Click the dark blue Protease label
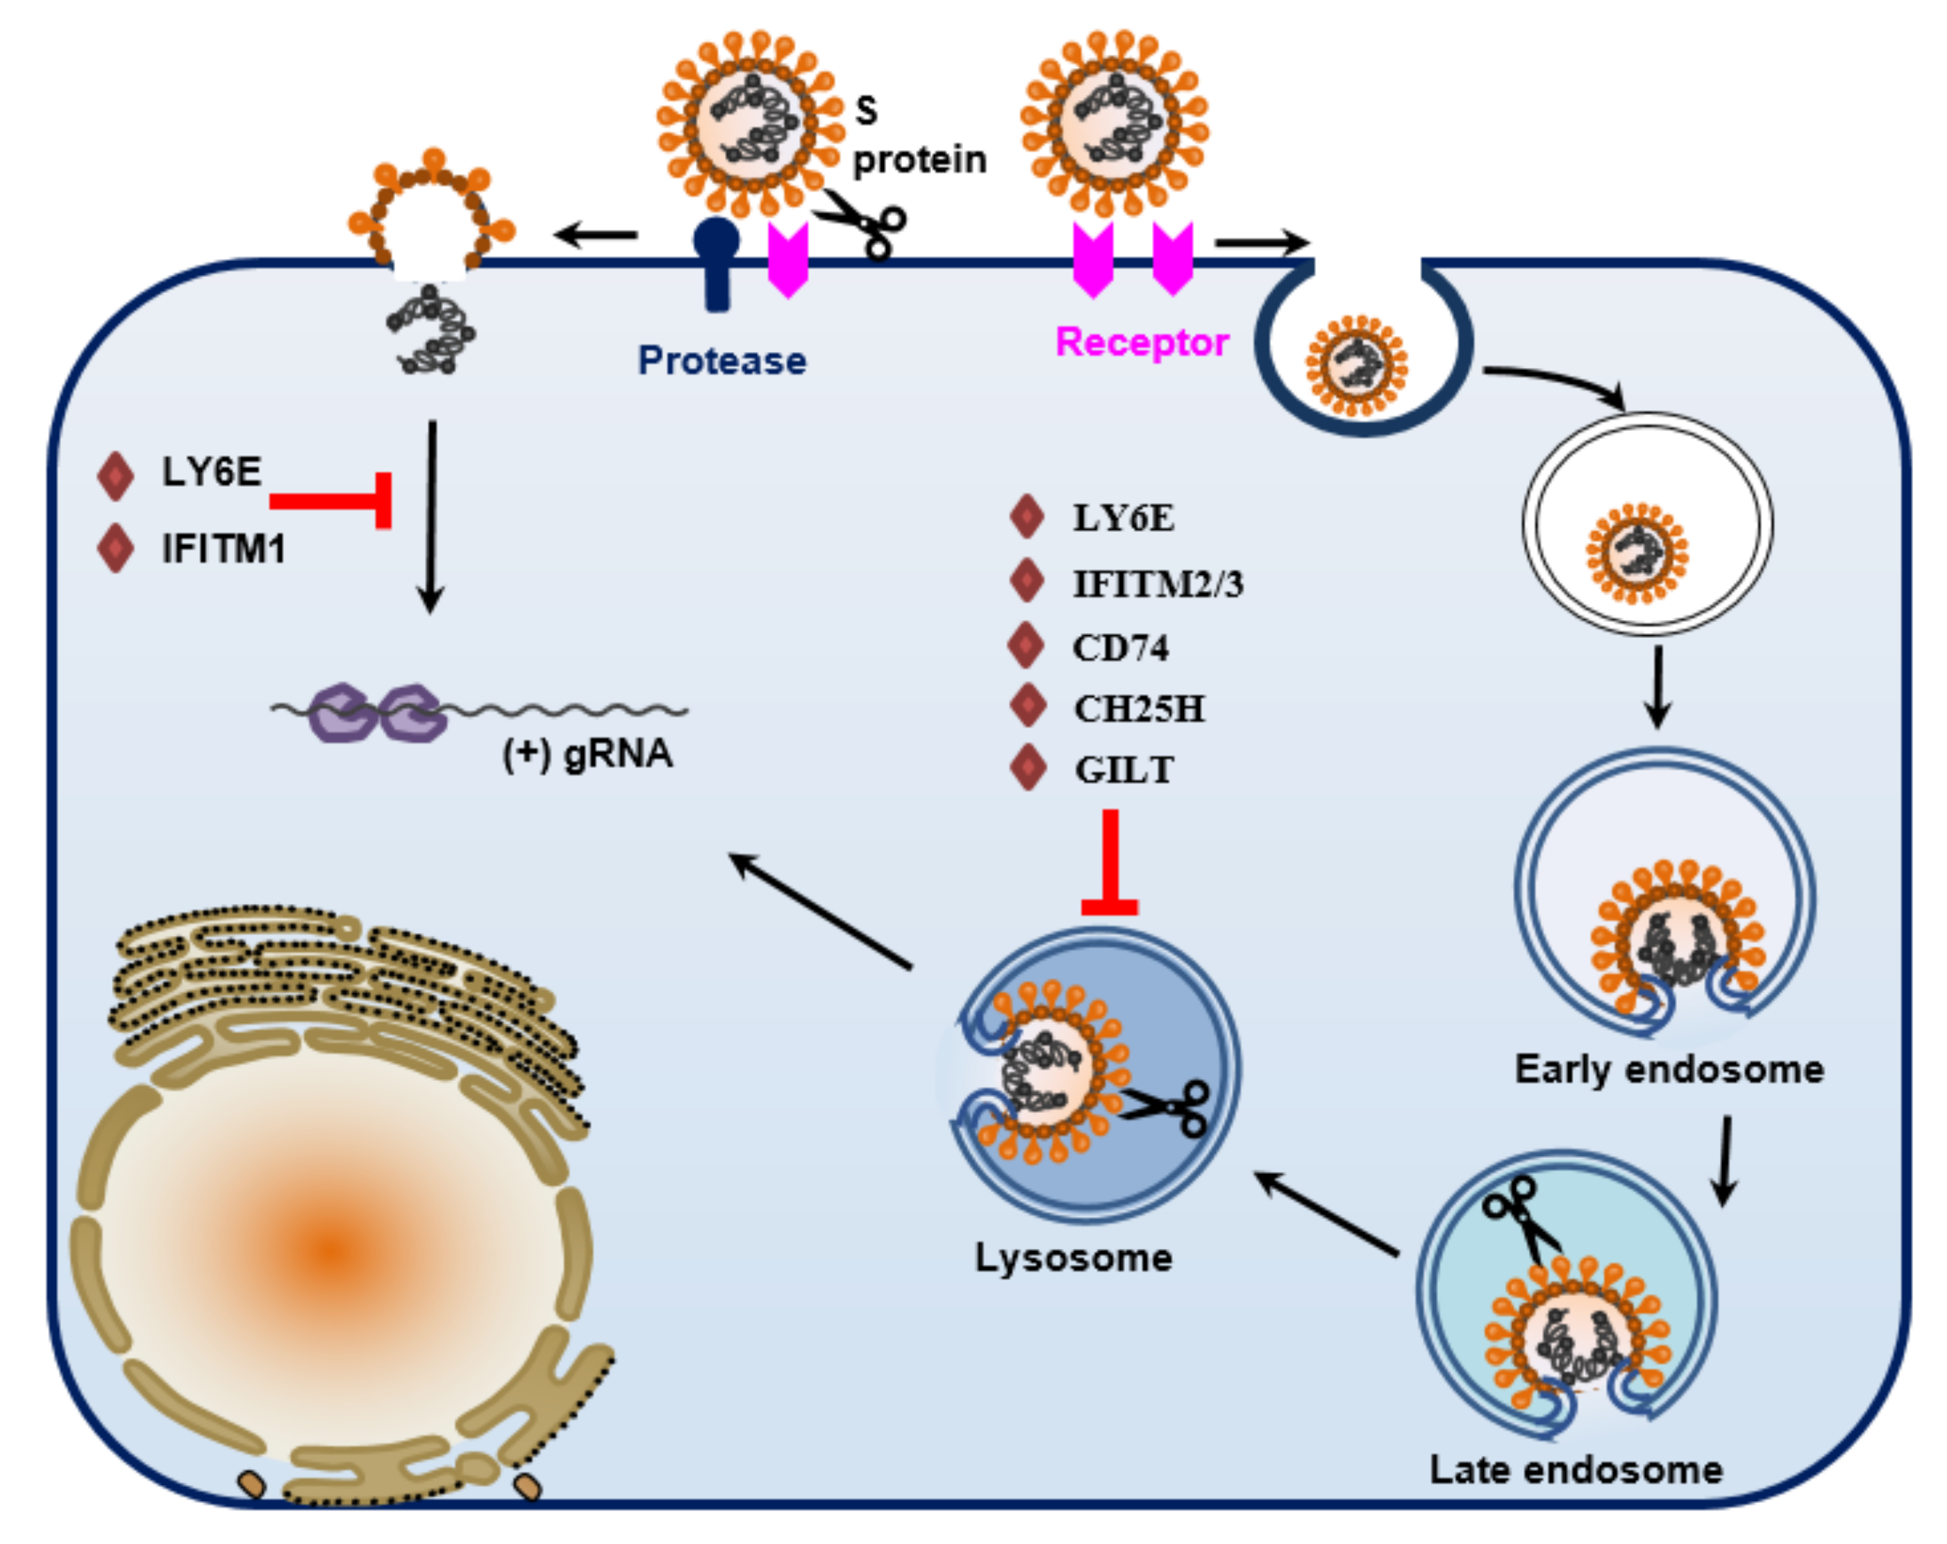721,360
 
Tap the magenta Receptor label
1142,342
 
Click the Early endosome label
1669,1069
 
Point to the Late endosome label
1576,1470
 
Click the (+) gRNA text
587,753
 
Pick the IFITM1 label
223,548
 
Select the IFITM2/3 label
1158,584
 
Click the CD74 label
1120,648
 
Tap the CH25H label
1139,709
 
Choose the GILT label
1123,770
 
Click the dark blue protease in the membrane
716,262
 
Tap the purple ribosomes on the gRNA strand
378,712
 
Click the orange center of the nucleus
333,1250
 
